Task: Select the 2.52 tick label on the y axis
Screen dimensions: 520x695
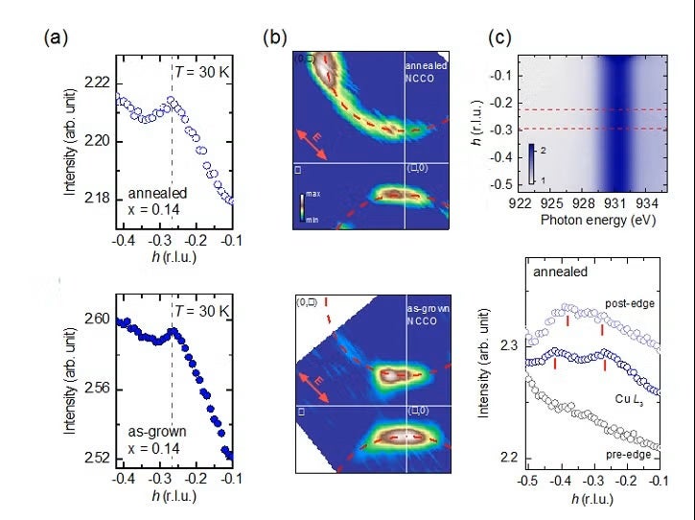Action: tap(98, 457)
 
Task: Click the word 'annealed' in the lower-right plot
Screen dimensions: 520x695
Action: tap(561, 272)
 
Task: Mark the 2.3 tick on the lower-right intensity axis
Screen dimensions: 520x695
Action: tap(509, 343)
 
